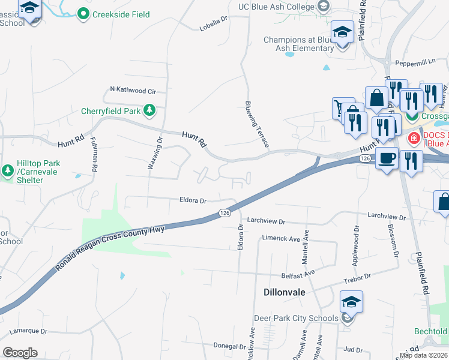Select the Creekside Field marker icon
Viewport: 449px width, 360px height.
click(x=84, y=14)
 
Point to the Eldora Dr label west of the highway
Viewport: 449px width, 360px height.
click(x=193, y=201)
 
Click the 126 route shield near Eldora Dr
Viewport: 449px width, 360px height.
click(x=224, y=213)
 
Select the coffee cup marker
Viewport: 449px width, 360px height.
click(x=387, y=158)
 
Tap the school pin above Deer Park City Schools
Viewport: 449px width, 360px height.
click(x=351, y=302)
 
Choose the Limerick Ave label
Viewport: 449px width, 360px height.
click(x=281, y=239)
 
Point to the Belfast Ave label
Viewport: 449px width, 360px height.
click(x=301, y=273)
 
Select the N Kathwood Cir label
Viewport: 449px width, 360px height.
click(x=133, y=91)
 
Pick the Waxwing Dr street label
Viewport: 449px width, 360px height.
click(x=155, y=154)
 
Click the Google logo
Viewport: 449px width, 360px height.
click(x=20, y=353)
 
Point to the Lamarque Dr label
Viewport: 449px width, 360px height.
click(x=28, y=331)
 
